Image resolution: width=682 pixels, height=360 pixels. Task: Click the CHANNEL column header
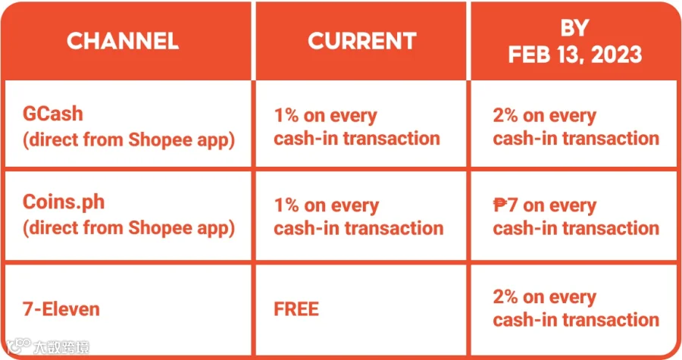(x=123, y=41)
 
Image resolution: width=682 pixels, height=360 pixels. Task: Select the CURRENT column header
(x=362, y=41)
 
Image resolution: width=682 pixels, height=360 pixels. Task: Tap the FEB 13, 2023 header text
(x=575, y=55)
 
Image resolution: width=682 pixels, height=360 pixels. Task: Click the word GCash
(x=52, y=114)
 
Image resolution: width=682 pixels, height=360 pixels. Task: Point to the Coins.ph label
(x=64, y=202)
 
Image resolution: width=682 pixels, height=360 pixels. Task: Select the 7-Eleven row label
(x=61, y=309)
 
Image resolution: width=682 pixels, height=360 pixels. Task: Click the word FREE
(x=296, y=309)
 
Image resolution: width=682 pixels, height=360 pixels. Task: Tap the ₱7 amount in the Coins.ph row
(x=505, y=205)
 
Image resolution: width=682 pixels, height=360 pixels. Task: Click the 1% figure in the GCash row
(x=286, y=116)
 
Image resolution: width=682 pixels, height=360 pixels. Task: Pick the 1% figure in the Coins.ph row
(x=286, y=205)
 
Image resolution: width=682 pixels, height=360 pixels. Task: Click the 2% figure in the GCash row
(x=505, y=116)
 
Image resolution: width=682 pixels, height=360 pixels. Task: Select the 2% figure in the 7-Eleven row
(x=505, y=297)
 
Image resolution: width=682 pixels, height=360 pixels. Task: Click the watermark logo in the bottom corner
(x=19, y=346)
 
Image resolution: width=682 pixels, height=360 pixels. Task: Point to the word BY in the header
(x=574, y=28)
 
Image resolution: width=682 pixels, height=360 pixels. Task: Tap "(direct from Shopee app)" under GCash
(x=129, y=140)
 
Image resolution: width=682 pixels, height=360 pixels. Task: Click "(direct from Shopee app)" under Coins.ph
(x=129, y=229)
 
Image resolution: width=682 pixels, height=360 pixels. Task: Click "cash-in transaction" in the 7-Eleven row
(x=576, y=320)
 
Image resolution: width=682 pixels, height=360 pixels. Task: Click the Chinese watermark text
(x=61, y=347)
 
